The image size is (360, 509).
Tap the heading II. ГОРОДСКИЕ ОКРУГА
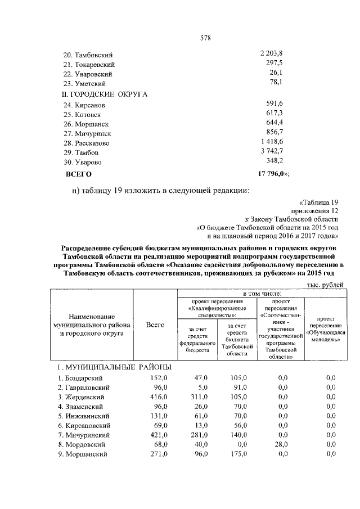tap(104, 94)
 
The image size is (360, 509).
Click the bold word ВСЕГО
tap(79, 174)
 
